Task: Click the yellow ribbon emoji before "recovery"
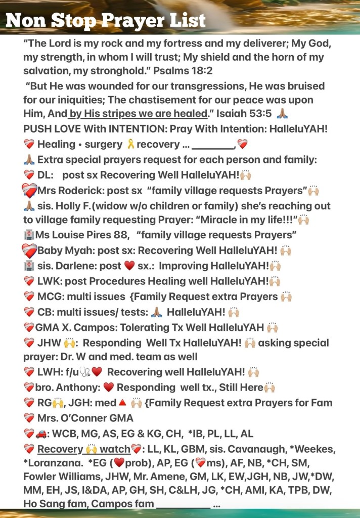pyautogui.click(x=130, y=144)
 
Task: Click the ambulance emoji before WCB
pyautogui.click(x=41, y=434)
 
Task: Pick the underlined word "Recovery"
pyautogui.click(x=60, y=449)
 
